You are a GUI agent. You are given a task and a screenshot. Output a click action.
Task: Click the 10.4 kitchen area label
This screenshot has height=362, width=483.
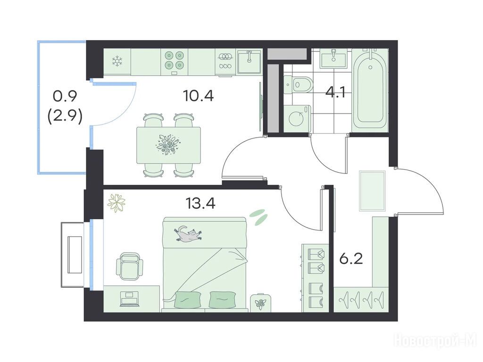click(x=198, y=96)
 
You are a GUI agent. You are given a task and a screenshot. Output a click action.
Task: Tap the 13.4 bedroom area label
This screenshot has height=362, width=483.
click(x=200, y=203)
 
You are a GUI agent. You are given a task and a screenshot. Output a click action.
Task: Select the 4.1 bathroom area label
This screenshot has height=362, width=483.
click(x=335, y=92)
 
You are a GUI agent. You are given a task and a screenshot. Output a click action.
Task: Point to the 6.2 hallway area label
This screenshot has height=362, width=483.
click(x=351, y=259)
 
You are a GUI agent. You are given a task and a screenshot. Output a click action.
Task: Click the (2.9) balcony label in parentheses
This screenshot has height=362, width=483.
click(x=65, y=117)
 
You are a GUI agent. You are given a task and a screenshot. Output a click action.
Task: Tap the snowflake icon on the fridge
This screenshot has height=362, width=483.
click(x=117, y=61)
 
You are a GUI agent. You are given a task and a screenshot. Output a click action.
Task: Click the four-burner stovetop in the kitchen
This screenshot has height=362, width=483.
click(x=175, y=60)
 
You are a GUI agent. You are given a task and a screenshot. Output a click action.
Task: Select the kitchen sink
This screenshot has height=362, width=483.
click(x=249, y=62)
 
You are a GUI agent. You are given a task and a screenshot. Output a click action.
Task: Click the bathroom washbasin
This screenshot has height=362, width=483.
click(x=334, y=59)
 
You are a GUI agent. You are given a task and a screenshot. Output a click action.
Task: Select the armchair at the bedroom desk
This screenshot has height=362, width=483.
click(x=130, y=266)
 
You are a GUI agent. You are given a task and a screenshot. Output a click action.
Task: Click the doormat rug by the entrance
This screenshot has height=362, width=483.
click(x=372, y=191)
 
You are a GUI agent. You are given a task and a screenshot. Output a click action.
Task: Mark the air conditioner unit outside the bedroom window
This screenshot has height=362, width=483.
click(x=72, y=255)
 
